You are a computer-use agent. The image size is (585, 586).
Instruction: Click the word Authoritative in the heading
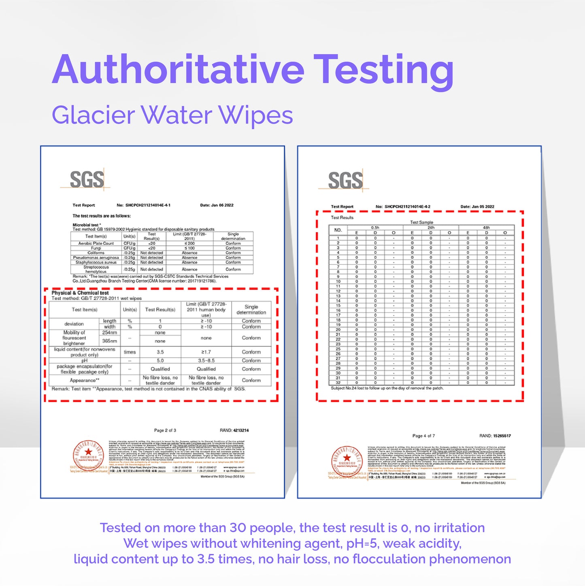178,70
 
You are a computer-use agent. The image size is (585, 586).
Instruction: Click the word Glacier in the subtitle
93,115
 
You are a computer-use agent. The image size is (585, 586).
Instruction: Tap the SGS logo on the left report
87,179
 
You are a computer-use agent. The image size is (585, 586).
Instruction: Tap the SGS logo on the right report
345,180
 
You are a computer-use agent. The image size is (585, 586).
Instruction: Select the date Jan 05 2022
477,207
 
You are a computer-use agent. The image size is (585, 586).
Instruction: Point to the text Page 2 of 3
165,430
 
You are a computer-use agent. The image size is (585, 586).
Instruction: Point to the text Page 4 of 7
423,436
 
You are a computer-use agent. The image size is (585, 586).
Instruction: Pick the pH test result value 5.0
160,361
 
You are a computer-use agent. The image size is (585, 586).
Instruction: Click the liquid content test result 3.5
160,352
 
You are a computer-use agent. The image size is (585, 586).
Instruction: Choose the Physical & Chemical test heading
80,293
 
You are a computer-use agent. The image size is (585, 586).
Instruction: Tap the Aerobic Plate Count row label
96,244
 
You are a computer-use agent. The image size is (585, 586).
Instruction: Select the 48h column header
486,228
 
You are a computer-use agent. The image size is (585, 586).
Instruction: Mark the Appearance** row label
85,381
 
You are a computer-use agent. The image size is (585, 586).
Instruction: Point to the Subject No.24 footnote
387,388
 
